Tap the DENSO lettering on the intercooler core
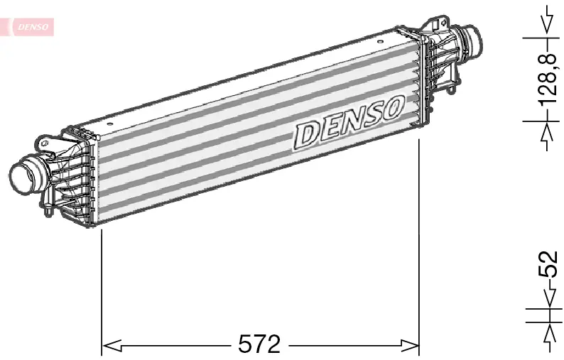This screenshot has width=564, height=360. (x=349, y=123)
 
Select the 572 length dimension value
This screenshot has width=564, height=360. (x=259, y=345)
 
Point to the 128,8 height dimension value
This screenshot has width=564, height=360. (x=548, y=79)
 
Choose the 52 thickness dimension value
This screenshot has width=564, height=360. (x=548, y=265)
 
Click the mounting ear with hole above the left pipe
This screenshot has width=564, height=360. (x=47, y=146)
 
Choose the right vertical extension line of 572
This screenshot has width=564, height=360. (x=420, y=241)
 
